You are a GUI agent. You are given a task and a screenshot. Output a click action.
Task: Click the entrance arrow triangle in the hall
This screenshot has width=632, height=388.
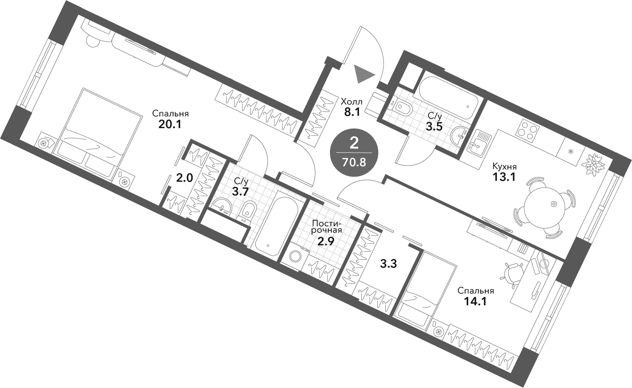click(362, 74)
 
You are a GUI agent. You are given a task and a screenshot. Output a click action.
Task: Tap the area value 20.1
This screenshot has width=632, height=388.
click(170, 124)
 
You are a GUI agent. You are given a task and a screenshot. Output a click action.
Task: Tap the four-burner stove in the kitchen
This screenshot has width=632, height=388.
click(527, 130)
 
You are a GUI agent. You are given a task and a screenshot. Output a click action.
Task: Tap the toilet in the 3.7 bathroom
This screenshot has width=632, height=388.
click(248, 211)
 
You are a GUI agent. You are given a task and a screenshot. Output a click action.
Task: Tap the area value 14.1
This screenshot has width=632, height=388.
click(476, 301)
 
